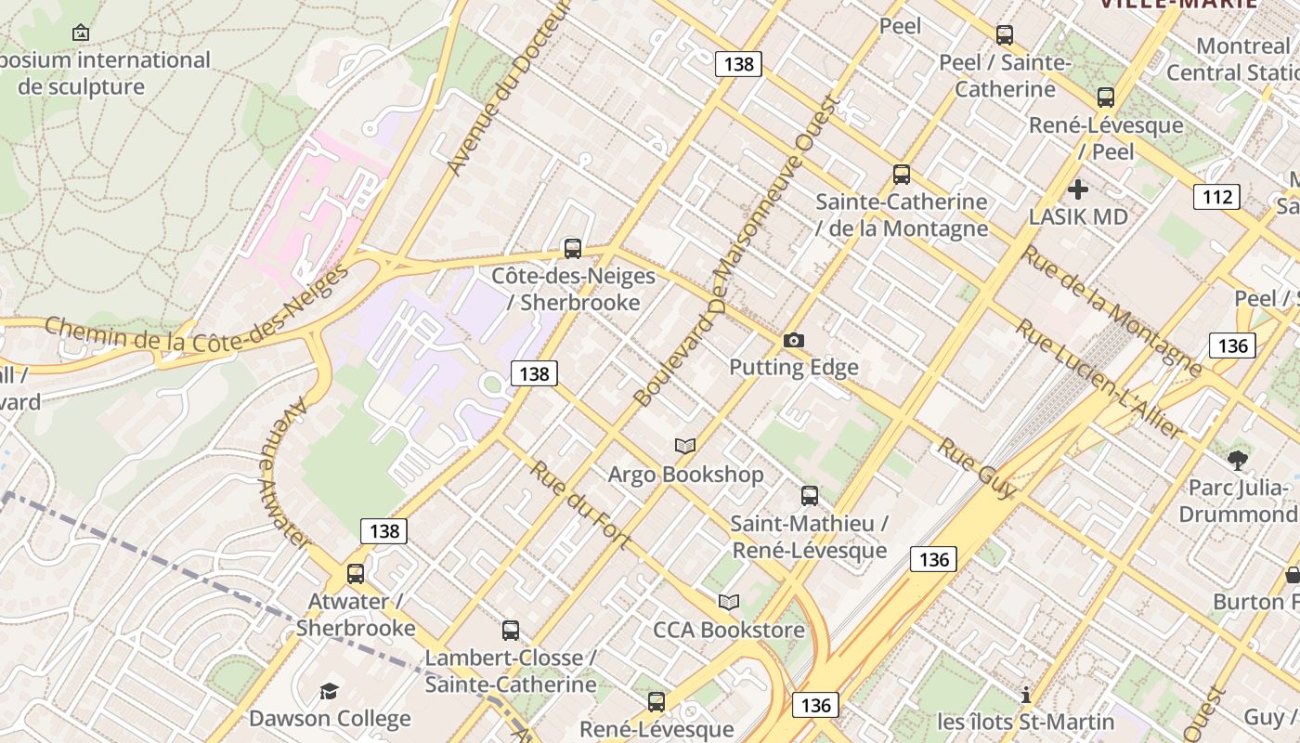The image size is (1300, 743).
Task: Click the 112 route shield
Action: click(1215, 196)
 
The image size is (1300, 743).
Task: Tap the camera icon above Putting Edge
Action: click(793, 341)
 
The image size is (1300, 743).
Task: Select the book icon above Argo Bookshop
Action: click(685, 447)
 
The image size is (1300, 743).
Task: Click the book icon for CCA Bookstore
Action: click(729, 603)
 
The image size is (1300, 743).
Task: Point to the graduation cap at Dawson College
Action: click(329, 691)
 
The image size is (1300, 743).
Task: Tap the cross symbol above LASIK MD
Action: click(1077, 189)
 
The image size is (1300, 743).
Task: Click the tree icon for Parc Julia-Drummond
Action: click(1237, 460)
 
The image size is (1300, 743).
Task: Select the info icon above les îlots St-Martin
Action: click(1025, 695)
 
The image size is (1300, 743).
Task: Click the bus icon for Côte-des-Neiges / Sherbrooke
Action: click(573, 249)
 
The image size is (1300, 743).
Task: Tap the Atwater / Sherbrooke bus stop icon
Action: click(356, 574)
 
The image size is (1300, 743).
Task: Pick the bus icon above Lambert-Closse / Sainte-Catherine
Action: click(510, 631)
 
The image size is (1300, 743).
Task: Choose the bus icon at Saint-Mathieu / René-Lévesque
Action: click(810, 496)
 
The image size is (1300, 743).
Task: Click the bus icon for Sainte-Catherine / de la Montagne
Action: click(901, 175)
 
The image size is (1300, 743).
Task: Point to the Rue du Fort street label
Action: click(580, 504)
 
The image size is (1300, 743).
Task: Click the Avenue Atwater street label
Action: click(284, 474)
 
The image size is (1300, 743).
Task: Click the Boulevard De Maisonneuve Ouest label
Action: click(738, 251)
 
